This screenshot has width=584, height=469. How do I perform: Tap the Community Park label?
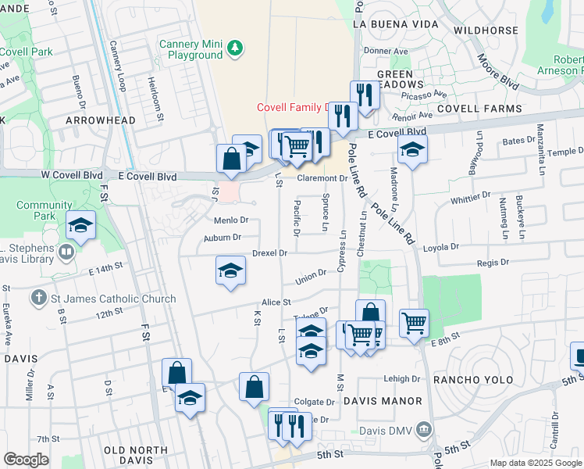click(x=38, y=210)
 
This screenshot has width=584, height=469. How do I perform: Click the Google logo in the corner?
click(x=27, y=460)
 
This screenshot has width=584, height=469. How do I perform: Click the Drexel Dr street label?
click(x=270, y=253)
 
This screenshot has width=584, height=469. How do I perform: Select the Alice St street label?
click(x=276, y=302)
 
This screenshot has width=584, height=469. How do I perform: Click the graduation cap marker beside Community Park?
click(x=80, y=226)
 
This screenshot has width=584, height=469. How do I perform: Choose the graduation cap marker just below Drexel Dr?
click(x=230, y=271)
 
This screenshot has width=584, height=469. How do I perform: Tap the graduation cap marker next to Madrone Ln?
click(x=413, y=149)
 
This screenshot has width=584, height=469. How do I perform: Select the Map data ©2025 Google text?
click(x=535, y=463)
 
